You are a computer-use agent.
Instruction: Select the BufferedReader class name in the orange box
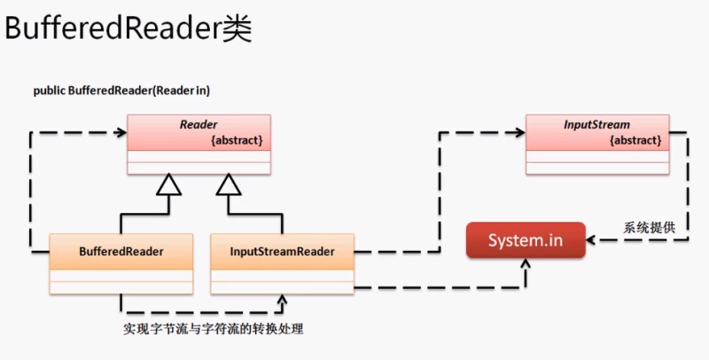click(121, 252)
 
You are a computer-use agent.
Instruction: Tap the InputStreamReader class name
click(282, 252)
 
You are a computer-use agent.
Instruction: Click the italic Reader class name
click(199, 126)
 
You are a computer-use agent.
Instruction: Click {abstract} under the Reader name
click(237, 141)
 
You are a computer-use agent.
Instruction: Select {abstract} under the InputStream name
click(635, 141)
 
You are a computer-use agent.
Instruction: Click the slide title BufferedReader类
click(129, 30)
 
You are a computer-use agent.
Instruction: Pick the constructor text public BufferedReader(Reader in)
click(121, 90)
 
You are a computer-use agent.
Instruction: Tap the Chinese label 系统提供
click(651, 228)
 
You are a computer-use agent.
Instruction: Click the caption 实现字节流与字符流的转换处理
click(214, 330)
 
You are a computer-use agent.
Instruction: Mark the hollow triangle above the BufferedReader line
click(168, 184)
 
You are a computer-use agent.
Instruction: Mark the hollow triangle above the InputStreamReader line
click(229, 184)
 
